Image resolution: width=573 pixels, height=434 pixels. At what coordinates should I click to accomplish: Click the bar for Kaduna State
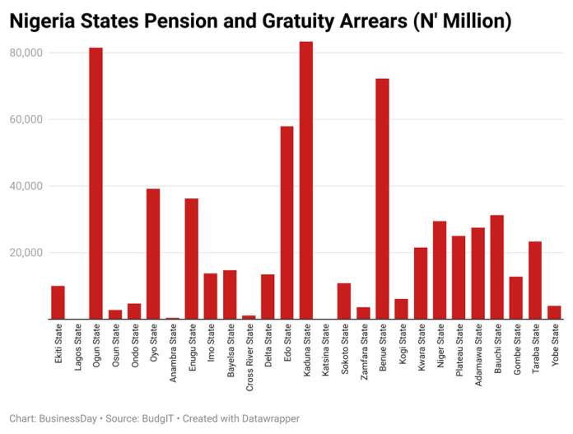[305, 180]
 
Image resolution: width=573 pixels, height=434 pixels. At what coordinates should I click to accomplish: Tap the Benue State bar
[382, 198]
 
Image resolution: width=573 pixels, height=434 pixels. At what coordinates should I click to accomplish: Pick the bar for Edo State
[286, 222]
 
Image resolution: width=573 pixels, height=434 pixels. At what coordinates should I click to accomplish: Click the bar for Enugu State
[191, 259]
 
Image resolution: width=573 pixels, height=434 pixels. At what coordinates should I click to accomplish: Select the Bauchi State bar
[496, 267]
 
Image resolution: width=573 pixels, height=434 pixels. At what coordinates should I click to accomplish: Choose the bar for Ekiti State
[58, 302]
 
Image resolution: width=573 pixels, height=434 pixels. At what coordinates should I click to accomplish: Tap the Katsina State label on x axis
[325, 350]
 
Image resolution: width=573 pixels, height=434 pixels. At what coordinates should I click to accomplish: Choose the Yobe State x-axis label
[554, 347]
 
